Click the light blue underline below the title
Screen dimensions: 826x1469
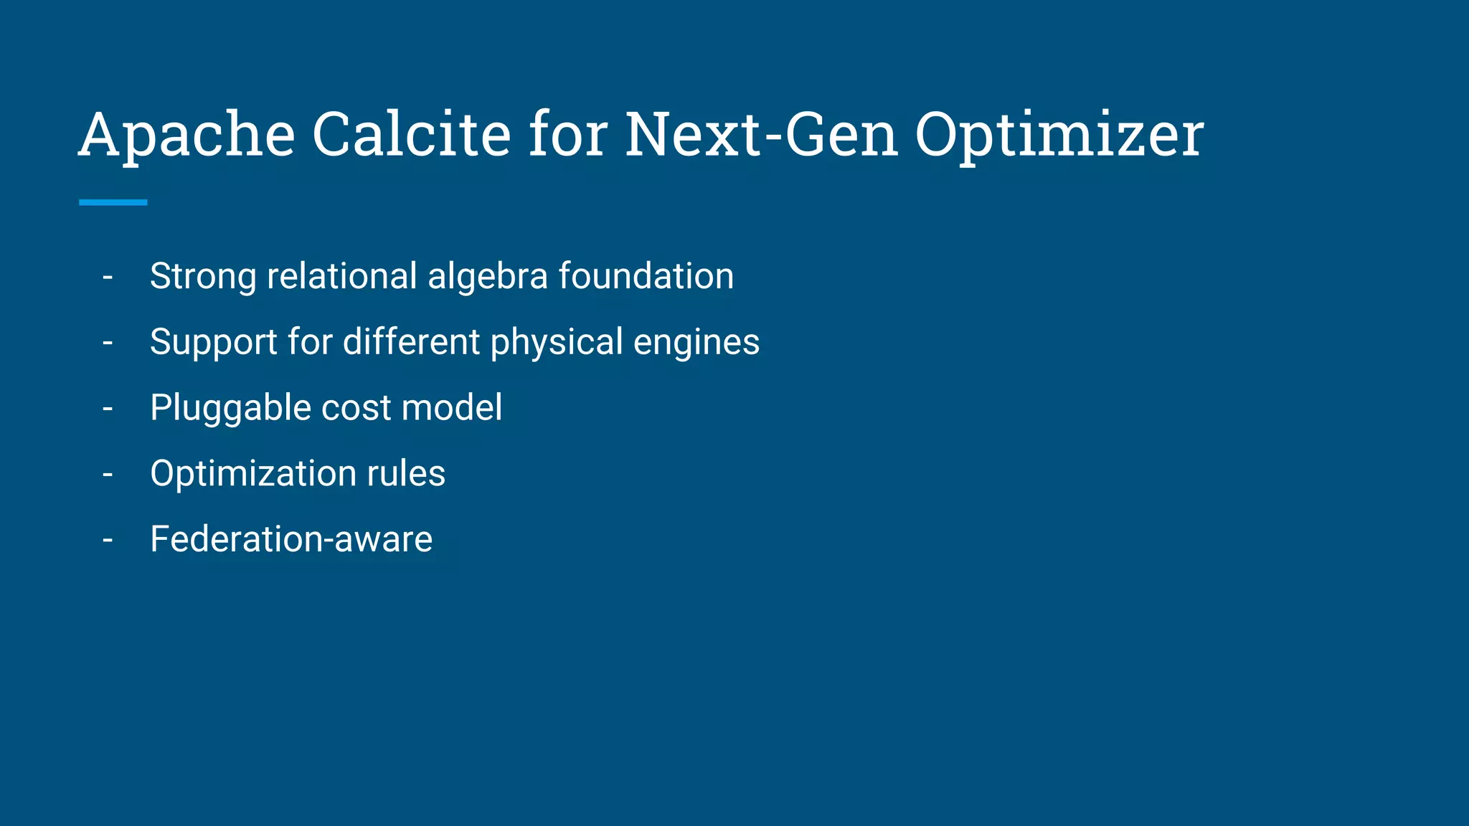(113, 202)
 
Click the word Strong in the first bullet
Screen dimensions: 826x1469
(203, 277)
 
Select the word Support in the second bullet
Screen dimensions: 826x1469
(213, 343)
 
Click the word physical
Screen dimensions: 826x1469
(557, 343)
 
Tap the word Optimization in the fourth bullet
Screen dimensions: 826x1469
(252, 474)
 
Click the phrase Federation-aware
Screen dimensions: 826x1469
(291, 539)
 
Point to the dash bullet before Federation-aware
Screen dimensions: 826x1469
(108, 540)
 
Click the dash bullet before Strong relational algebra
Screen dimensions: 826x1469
(108, 277)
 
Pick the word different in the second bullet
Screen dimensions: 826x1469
(411, 341)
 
